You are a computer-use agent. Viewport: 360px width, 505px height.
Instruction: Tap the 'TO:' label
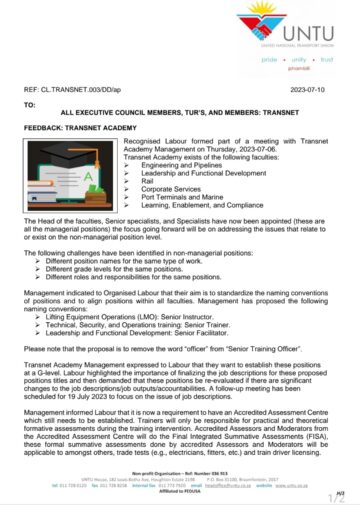click(29, 104)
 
